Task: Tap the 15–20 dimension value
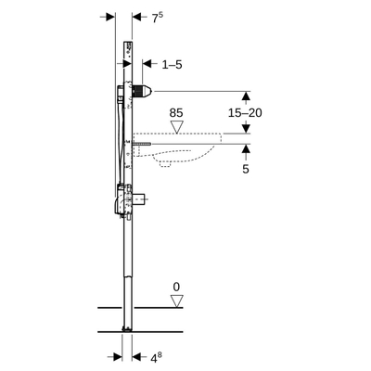pyautogui.click(x=246, y=112)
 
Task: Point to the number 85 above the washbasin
pyautogui.click(x=176, y=113)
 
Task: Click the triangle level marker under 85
pyautogui.click(x=176, y=127)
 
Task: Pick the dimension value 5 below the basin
pyautogui.click(x=246, y=169)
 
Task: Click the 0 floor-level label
pyautogui.click(x=176, y=286)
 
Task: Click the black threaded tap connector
pyautogui.click(x=141, y=92)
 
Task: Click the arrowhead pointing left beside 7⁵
pyautogui.click(x=138, y=18)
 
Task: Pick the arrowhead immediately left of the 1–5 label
pyautogui.click(x=148, y=65)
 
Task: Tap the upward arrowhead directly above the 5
pyautogui.click(x=246, y=149)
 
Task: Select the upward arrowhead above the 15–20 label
pyautogui.click(x=246, y=96)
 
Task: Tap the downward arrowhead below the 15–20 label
pyautogui.click(x=246, y=129)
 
